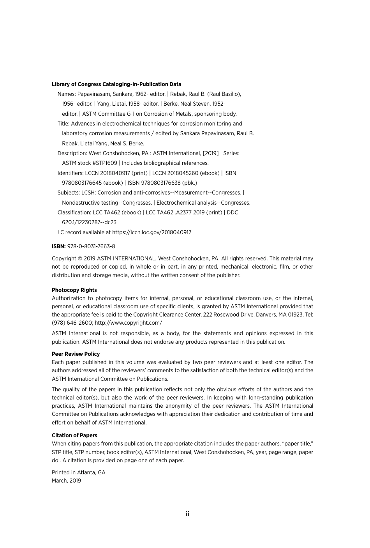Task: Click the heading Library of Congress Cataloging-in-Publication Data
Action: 116,84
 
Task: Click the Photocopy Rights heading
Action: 74,290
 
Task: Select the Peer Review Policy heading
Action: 76,354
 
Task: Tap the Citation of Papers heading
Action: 74,435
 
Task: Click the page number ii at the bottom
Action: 187,514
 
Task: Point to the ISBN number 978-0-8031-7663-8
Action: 91,246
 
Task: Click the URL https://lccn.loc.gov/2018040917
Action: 152,232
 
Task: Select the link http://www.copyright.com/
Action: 129,323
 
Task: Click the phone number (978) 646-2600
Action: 72,323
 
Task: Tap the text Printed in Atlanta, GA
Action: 78,472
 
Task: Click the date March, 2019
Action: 66,481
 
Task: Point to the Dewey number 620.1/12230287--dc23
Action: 89,222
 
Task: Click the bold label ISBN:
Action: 59,246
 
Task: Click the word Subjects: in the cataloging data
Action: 69,193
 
